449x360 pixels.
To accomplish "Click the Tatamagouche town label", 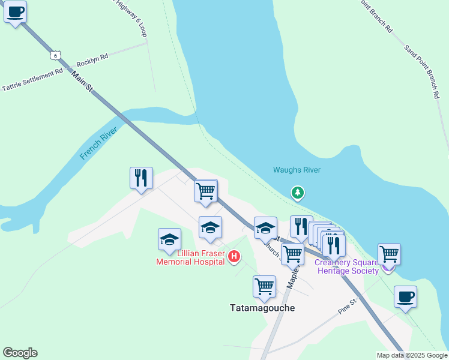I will pos(262,307).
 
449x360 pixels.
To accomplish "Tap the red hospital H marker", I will pos(235,257).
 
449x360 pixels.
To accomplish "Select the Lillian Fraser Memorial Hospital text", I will pos(190,257).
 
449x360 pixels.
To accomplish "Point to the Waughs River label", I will pos(297,170).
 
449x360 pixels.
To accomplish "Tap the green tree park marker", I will pos(297,193).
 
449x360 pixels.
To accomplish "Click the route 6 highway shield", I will pos(55,55).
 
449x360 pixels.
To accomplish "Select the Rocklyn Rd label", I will pos(92,60).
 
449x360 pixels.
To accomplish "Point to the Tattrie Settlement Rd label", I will pos(32,79).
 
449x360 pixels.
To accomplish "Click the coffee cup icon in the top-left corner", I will pos(15,11).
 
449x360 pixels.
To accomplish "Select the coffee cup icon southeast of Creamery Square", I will pos(405,296).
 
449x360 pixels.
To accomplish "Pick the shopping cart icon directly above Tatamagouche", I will pos(264,287).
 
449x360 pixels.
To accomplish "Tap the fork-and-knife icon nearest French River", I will pos(141,178).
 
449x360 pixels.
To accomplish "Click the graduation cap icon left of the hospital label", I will pos(169,239).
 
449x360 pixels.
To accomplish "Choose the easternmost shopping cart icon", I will pos(389,254).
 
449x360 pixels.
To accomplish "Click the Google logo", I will pos(20,353).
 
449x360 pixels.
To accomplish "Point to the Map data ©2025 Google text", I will pos(411,355).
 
